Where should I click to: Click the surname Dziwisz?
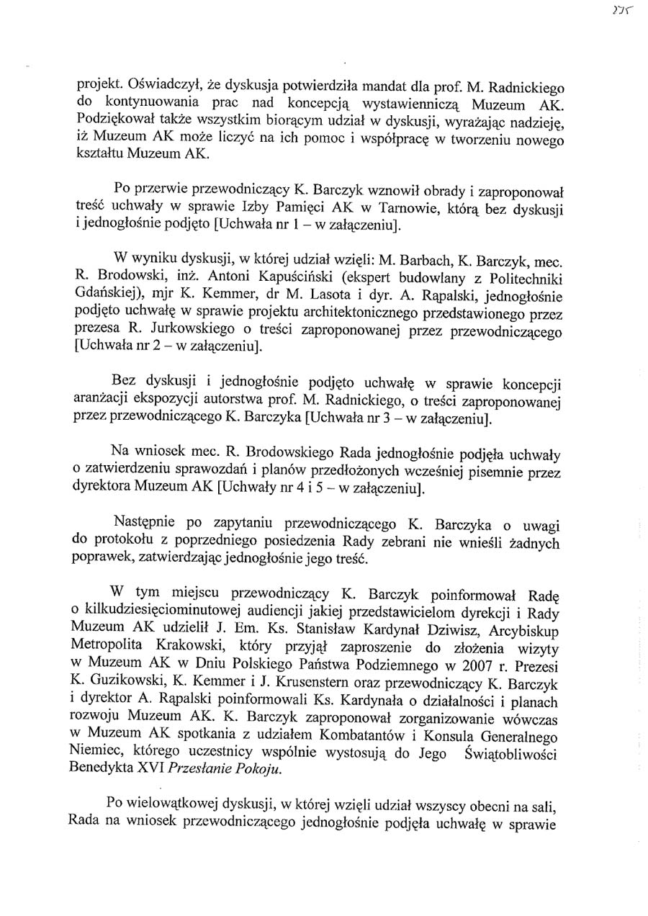point(432,629)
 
